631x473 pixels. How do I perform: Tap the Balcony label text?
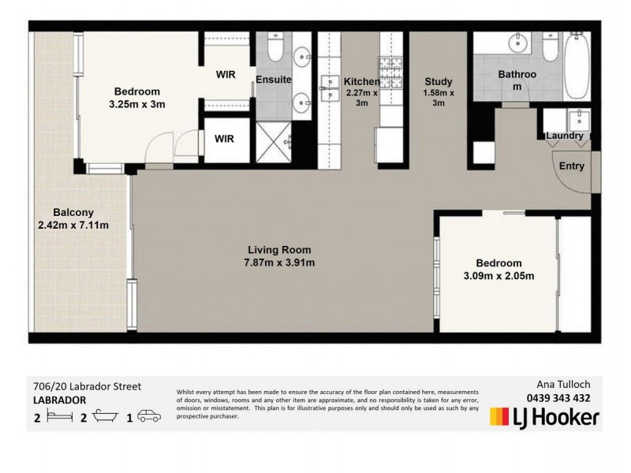(73, 212)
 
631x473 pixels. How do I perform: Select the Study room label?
(438, 81)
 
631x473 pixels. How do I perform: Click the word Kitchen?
(362, 81)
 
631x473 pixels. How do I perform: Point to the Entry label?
(572, 166)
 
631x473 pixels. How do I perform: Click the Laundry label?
(565, 136)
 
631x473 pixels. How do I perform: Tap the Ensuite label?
(274, 80)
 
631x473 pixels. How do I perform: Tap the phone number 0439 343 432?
(558, 398)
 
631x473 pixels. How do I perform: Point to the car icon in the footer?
(149, 415)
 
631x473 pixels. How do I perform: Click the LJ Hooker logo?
(544, 417)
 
